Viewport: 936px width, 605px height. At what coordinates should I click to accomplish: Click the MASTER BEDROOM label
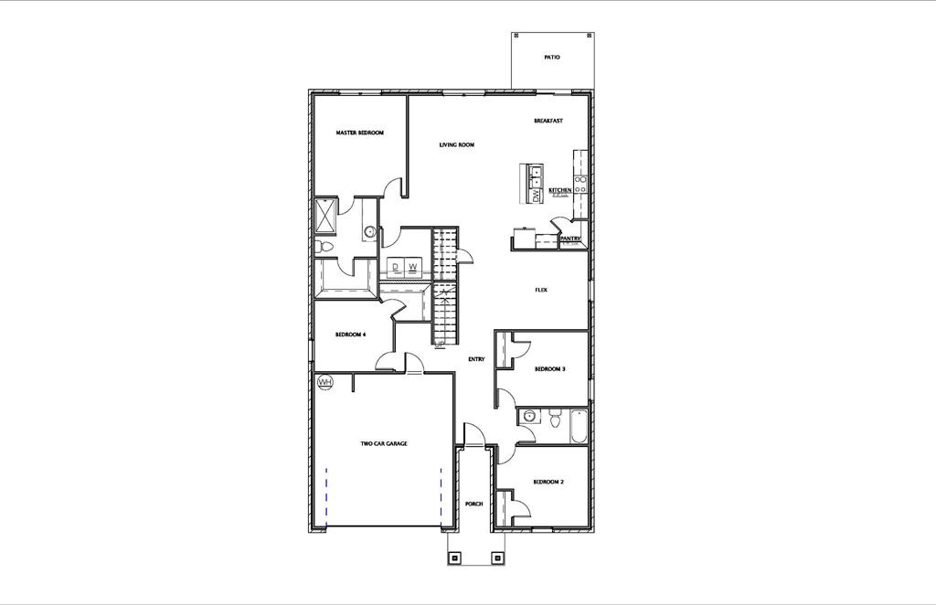(x=359, y=133)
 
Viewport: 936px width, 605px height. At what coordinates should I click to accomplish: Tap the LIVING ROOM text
(x=456, y=144)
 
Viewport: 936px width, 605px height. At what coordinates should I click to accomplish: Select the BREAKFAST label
(x=548, y=122)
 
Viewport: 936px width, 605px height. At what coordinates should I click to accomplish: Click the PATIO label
(x=551, y=57)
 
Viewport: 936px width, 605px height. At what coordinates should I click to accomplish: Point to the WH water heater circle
(x=324, y=382)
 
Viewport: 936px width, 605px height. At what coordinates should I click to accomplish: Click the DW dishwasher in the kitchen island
(x=534, y=195)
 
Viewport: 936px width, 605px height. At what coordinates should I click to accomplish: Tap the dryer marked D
(x=397, y=268)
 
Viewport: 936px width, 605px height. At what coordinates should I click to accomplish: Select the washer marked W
(x=413, y=268)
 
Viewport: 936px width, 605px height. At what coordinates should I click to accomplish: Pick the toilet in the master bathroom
(x=323, y=247)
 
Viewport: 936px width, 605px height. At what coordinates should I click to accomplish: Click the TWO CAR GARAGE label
(x=384, y=444)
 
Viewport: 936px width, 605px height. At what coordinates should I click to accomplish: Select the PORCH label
(x=473, y=504)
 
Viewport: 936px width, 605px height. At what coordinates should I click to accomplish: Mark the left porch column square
(x=454, y=556)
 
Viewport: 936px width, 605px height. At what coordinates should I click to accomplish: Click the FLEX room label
(x=541, y=291)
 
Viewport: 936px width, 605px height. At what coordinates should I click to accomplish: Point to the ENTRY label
(x=476, y=359)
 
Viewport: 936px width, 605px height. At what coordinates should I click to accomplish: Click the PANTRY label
(x=571, y=239)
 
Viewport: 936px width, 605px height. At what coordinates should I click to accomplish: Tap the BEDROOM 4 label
(x=350, y=334)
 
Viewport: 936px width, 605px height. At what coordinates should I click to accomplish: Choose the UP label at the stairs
(x=440, y=345)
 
